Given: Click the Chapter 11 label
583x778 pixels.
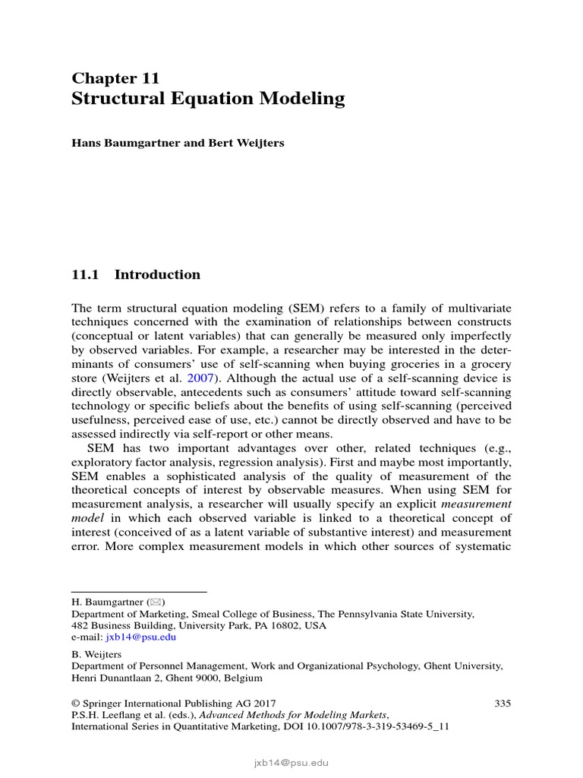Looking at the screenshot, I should pos(115,77).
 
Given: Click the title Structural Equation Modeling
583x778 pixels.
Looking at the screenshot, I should pos(207,99).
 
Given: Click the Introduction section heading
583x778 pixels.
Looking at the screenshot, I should pos(157,275).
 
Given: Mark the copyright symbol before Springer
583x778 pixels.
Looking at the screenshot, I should pos(75,704).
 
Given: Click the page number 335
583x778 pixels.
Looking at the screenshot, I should pos(503,704).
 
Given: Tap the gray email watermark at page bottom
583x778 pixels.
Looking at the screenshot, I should pos(291,763).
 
